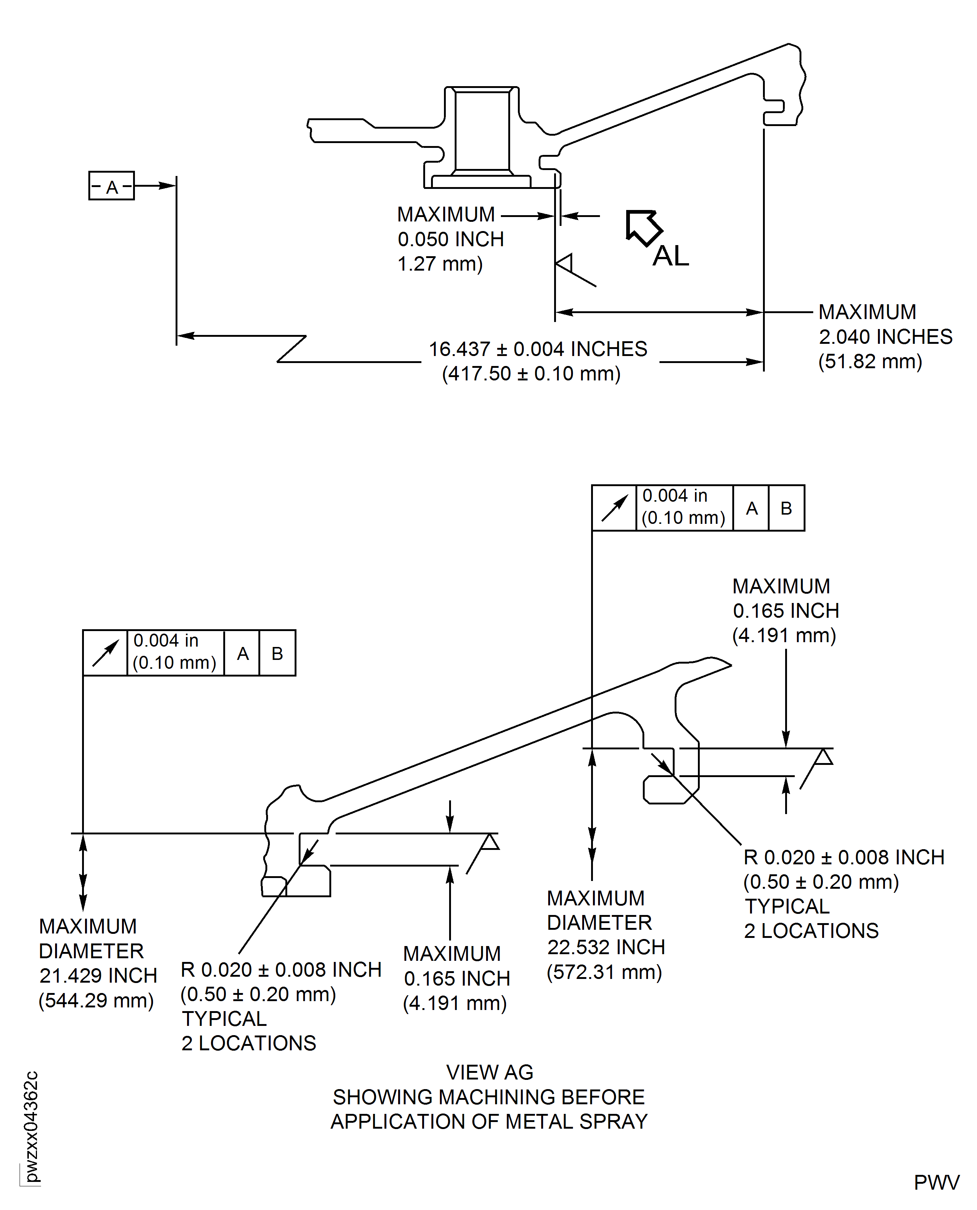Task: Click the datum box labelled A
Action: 111,186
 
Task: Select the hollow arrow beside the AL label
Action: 643,227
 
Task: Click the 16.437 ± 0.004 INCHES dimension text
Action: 538,349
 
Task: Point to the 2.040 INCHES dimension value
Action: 885,336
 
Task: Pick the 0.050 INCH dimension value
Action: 451,239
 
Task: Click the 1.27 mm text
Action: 440,264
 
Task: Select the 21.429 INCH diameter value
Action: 98,975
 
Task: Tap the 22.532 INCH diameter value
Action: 606,947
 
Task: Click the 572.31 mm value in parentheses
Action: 604,972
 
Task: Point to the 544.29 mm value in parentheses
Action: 96,1000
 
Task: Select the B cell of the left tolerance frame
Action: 277,653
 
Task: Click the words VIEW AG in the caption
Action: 490,1073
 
